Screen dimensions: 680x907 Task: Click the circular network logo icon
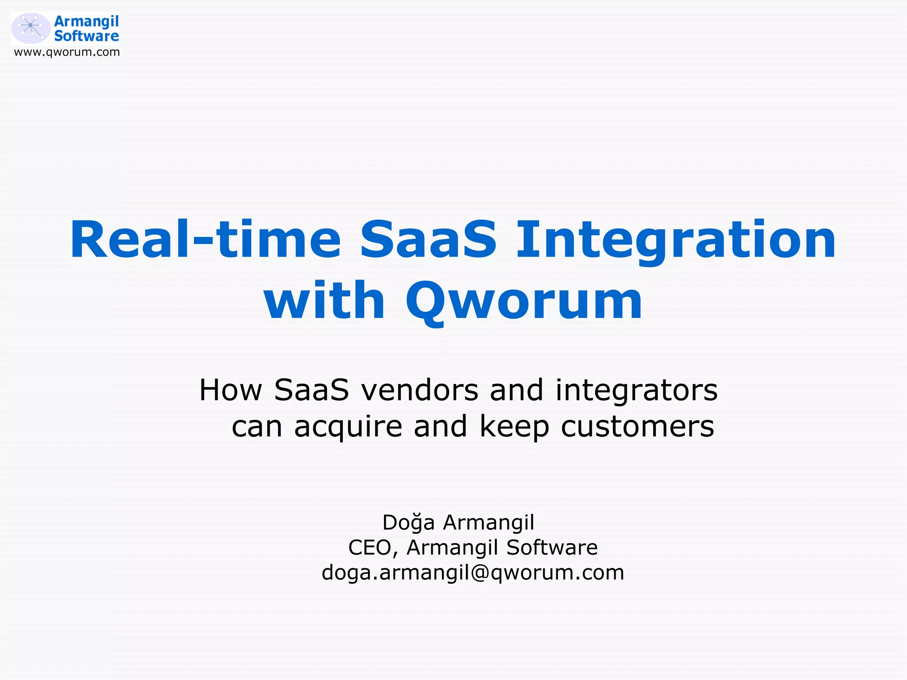(x=31, y=28)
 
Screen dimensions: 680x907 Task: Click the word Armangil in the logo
(x=86, y=21)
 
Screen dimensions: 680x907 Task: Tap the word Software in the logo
(x=86, y=36)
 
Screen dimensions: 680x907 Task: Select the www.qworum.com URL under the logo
(x=67, y=52)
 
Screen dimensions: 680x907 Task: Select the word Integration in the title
(x=676, y=240)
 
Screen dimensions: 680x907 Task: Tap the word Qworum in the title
(x=524, y=301)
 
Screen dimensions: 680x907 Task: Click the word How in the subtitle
(x=230, y=390)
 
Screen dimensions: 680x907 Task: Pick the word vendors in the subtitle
(x=419, y=390)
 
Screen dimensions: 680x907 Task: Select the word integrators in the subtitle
(x=636, y=390)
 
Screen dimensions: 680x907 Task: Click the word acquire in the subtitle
(x=348, y=427)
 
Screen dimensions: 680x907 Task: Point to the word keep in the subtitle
(x=514, y=427)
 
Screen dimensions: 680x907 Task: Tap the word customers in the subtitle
(x=638, y=427)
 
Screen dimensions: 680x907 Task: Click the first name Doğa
(x=408, y=523)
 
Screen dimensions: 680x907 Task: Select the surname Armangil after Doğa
(x=489, y=523)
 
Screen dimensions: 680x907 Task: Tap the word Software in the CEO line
(x=552, y=548)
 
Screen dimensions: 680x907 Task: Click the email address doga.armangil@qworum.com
(x=473, y=573)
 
